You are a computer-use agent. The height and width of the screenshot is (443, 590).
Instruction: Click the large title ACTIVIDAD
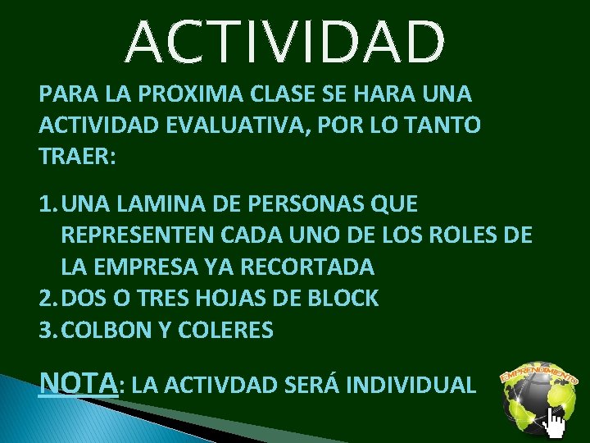286,43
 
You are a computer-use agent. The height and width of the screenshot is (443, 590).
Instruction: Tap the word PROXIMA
170,94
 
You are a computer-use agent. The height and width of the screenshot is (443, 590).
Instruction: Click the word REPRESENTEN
135,235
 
